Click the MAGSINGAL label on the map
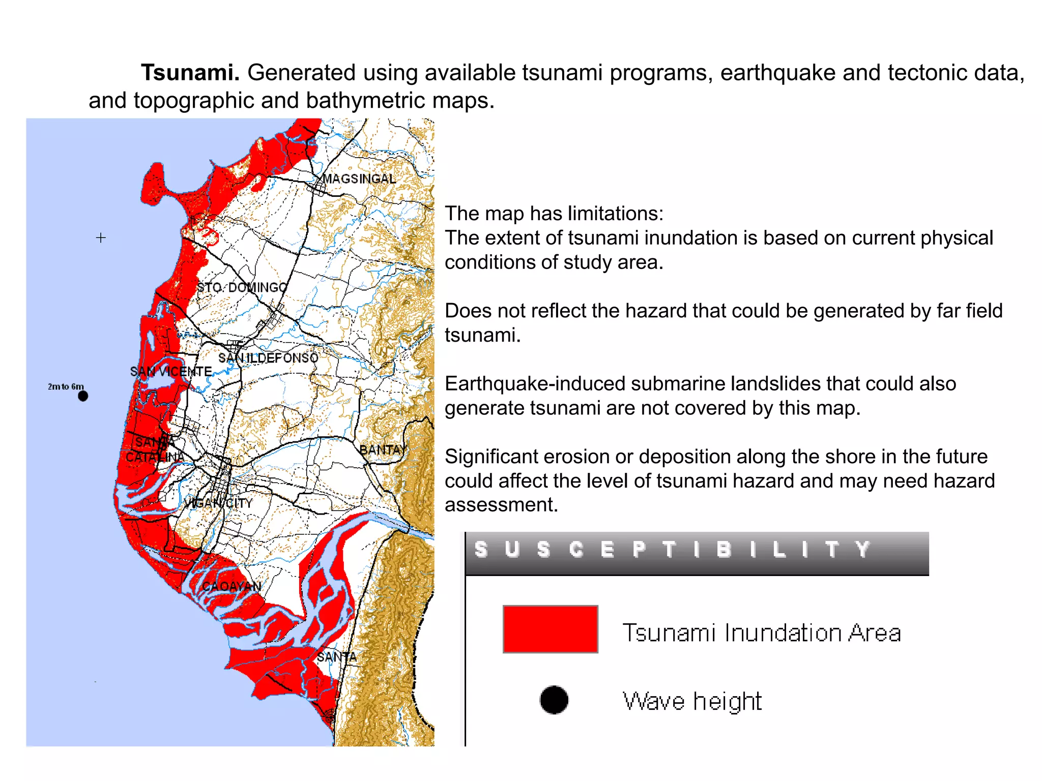pos(359,179)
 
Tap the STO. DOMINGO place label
pos(242,288)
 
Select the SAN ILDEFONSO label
pos(268,358)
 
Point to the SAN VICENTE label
pos(171,372)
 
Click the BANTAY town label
pos(384,450)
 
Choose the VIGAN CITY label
pos(218,503)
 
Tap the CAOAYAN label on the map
pos(231,587)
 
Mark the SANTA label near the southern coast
pos(336,657)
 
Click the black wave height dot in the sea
pos(83,396)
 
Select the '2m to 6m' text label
pos(66,386)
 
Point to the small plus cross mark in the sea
pos(101,237)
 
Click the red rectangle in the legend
pos(550,629)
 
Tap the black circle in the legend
pos(554,700)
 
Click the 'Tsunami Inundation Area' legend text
pos(762,633)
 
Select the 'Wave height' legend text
pos(692,702)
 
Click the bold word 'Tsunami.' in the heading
pos(190,73)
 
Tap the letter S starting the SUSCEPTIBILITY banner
pos(480,550)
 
